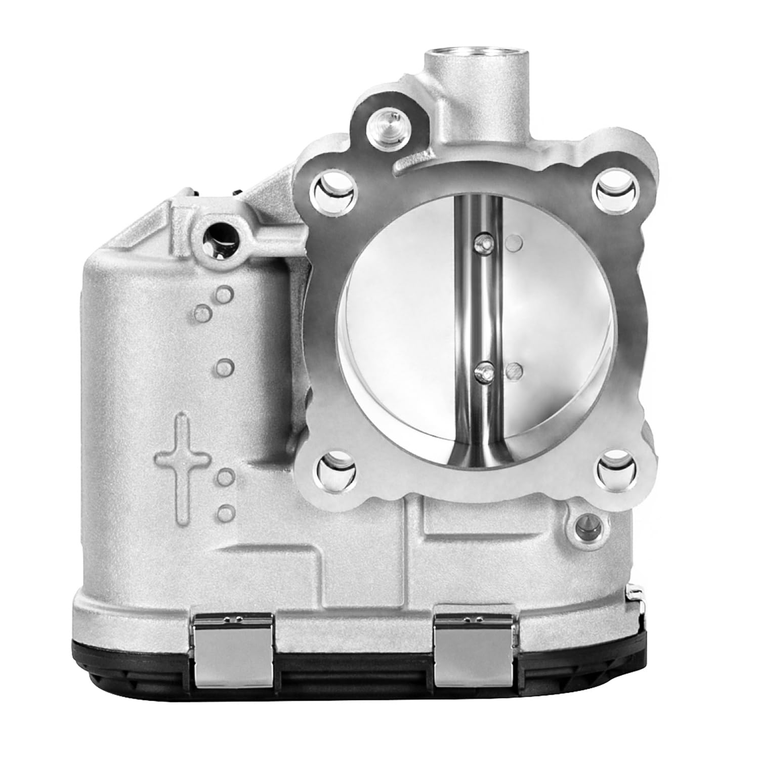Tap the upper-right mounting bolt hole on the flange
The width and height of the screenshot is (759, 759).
pyautogui.click(x=615, y=191)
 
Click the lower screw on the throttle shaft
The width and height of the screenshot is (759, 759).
pyautogui.click(x=483, y=372)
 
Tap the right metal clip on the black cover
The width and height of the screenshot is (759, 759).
pyautogui.click(x=474, y=649)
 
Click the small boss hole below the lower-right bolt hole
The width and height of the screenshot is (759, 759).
pyautogui.click(x=588, y=522)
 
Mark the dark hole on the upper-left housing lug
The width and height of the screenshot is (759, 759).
pyautogui.click(x=219, y=237)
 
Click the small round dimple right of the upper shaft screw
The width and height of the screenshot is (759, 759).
pyautogui.click(x=513, y=242)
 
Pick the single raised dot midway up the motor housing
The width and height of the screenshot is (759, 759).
pyautogui.click(x=224, y=365)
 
